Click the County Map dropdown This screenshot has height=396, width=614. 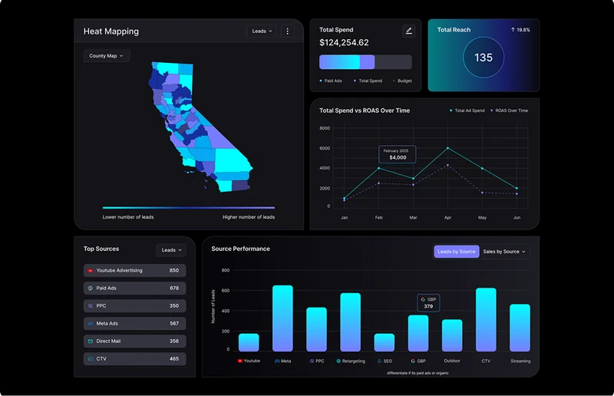pos(107,56)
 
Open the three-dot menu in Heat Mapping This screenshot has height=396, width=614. pos(288,31)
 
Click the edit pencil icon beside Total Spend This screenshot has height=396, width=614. pos(408,31)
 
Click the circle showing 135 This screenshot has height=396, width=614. pos(484,58)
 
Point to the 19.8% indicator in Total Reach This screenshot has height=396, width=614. pos(520,30)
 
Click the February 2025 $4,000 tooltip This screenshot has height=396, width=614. pos(397,154)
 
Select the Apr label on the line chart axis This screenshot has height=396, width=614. pos(447,218)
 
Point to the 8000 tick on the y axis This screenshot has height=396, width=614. pos(324,128)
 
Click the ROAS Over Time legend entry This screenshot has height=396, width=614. pos(508,111)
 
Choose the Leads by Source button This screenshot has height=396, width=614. pos(456,252)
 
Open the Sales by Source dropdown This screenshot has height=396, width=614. pos(504,252)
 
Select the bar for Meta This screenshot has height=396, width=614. pos(282,318)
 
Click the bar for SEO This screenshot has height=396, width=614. pos(384,342)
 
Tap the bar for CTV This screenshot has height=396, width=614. pos(486,320)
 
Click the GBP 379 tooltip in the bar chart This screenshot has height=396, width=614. pos(428,302)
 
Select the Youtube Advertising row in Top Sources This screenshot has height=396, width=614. pos(134,270)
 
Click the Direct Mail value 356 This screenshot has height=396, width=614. pos(174,341)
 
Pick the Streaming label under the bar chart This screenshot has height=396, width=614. pos(520,361)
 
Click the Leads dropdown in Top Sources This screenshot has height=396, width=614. pos(170,250)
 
